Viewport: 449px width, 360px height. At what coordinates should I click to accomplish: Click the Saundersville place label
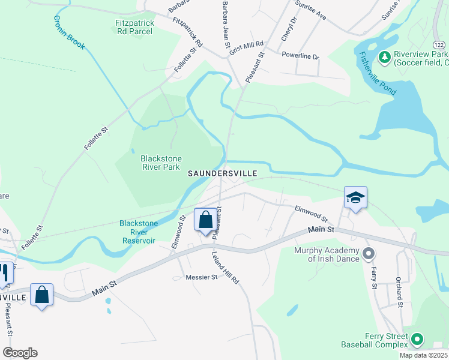click(x=223, y=173)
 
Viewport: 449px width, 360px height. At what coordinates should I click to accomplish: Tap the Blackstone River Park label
click(x=160, y=163)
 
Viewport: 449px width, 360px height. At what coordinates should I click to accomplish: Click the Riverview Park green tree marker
click(x=384, y=58)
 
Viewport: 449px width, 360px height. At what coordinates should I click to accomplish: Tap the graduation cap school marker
click(x=355, y=197)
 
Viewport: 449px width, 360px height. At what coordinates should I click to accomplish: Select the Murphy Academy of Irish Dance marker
click(x=369, y=254)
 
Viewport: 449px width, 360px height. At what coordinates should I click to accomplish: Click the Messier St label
click(x=201, y=277)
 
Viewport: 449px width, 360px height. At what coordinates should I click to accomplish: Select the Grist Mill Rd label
click(x=247, y=44)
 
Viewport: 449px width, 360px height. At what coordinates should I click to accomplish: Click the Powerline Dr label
click(x=301, y=56)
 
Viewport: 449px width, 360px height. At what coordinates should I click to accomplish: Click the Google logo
click(x=20, y=353)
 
